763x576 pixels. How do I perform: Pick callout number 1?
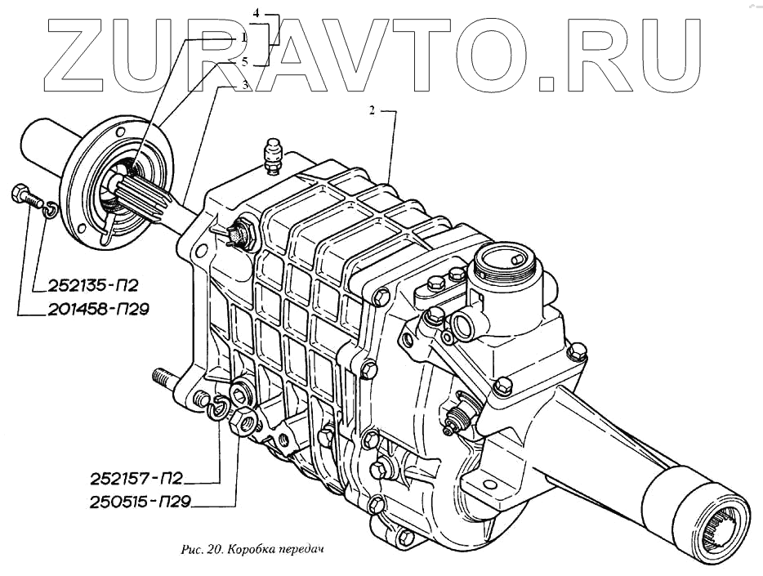coord(243,38)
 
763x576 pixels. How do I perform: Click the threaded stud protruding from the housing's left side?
coord(163,378)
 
